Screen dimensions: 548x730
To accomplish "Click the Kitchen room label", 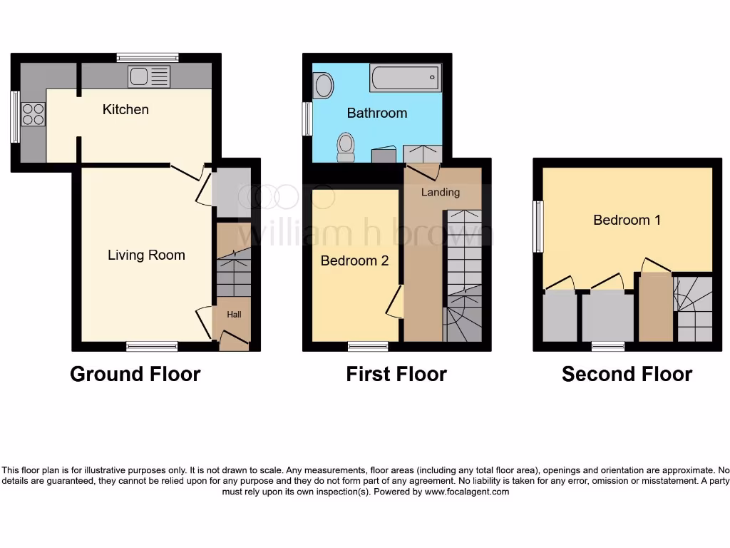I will click(x=125, y=109).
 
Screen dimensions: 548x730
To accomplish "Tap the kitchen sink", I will click(x=149, y=76).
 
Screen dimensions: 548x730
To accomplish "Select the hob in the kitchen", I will click(x=33, y=114).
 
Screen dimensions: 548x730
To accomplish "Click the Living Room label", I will click(x=146, y=255).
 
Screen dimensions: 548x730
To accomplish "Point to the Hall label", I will click(x=234, y=314).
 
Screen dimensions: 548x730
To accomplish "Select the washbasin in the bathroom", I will click(x=324, y=86).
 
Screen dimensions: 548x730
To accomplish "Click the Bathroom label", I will click(x=377, y=113).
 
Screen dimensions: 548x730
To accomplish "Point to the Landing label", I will click(x=441, y=192).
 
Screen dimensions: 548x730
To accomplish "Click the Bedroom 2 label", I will click(x=354, y=260).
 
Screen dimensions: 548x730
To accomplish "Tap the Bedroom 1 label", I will click(x=627, y=220).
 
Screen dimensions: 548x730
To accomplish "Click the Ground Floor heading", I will click(x=135, y=374).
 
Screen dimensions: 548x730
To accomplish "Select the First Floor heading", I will click(x=396, y=374).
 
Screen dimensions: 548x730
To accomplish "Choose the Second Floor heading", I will click(x=627, y=374).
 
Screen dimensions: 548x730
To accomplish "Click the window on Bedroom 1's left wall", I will click(x=539, y=226).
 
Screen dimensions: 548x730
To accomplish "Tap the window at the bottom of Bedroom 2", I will click(x=368, y=347).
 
